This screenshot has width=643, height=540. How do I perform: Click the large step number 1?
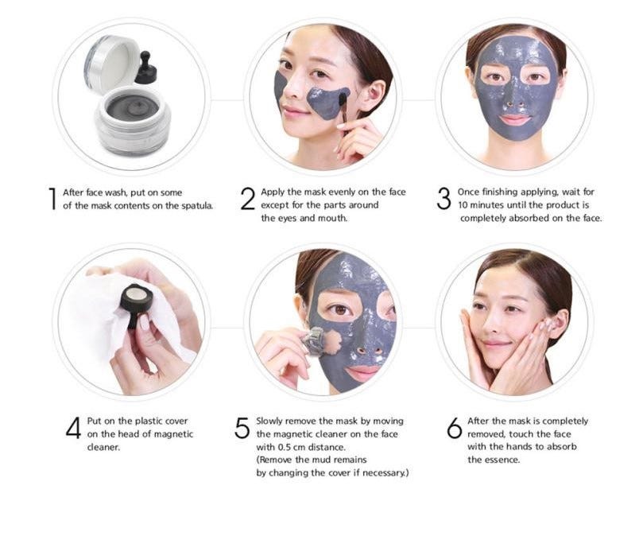click(x=52, y=199)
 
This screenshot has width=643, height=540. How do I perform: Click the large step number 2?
click(x=248, y=199)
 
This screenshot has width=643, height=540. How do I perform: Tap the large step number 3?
click(x=444, y=199)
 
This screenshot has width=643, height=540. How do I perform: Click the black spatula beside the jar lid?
click(x=146, y=68)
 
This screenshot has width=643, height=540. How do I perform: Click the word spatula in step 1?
click(x=196, y=205)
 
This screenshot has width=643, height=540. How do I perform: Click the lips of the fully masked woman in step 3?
click(x=514, y=119)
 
